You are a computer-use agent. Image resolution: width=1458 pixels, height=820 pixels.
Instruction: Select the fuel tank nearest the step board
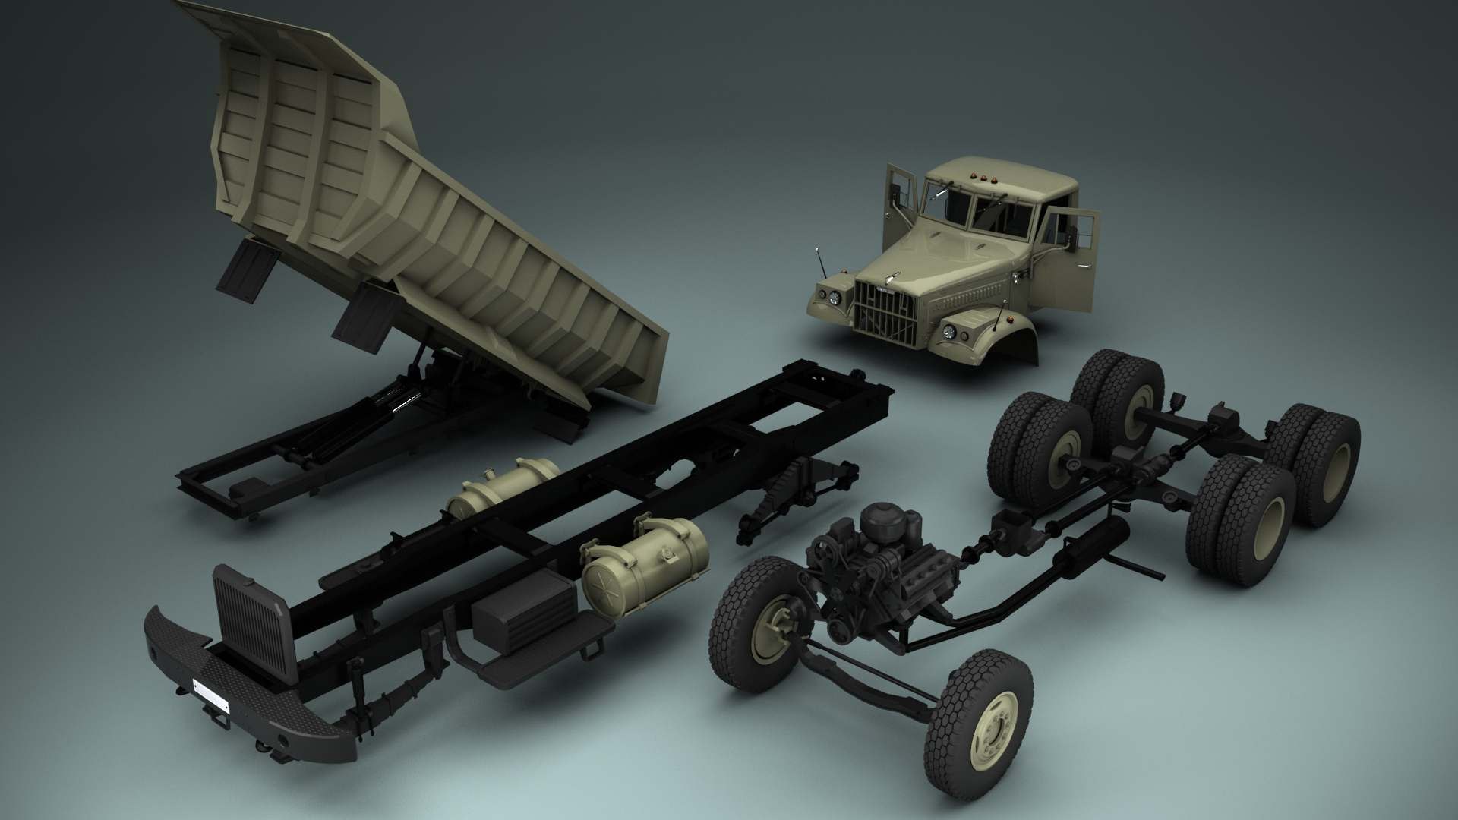644,557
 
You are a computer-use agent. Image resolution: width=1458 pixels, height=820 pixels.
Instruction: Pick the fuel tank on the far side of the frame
502,486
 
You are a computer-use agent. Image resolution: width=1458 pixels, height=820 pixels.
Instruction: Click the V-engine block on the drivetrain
881,562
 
